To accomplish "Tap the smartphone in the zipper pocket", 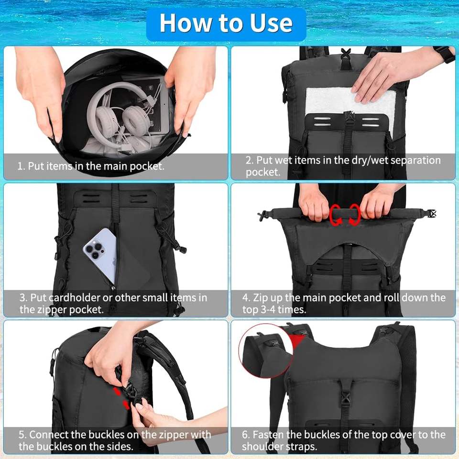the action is click(101, 255).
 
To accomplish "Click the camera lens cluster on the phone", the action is click(94, 250).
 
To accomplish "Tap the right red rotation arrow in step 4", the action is click(354, 215).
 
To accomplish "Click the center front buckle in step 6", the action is click(345, 401).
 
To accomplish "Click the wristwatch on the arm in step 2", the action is click(448, 54).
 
